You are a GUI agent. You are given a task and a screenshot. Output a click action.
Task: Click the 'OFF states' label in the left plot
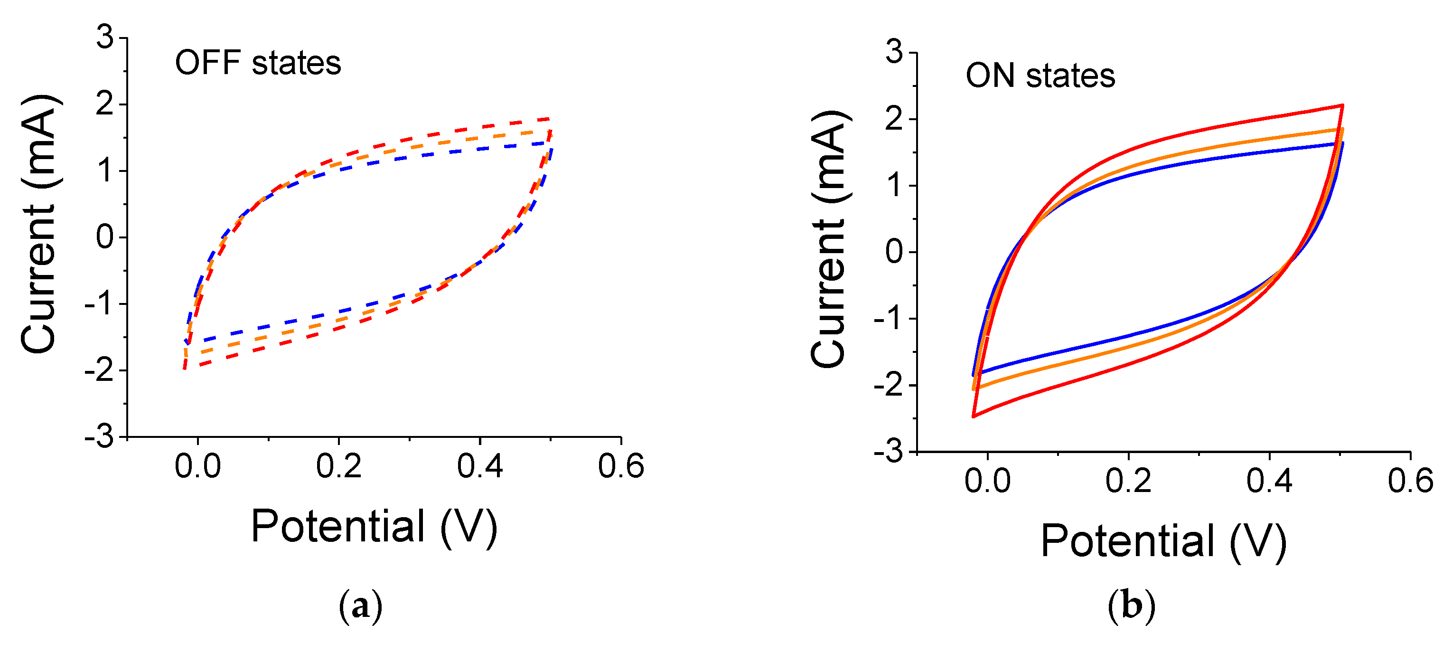click(258, 63)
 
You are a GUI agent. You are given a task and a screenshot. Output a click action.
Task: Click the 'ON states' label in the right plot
click(1040, 76)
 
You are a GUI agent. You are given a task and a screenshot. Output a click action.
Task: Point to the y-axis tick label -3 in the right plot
click(889, 452)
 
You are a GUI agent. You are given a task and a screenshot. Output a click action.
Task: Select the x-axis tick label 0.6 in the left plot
click(620, 466)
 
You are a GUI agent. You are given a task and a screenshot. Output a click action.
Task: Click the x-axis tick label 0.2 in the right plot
click(1128, 481)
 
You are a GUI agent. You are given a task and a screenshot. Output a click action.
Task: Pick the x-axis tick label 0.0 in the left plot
click(197, 466)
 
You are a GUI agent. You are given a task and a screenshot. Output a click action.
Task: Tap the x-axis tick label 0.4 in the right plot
click(1269, 481)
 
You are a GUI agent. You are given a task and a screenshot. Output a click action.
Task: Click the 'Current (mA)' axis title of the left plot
click(39, 225)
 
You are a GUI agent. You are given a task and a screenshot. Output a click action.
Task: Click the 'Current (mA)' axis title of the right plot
click(829, 239)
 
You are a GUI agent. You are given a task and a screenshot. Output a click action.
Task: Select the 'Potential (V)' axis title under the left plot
click(374, 526)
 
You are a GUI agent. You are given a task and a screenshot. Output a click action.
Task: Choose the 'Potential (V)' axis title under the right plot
click(1163, 541)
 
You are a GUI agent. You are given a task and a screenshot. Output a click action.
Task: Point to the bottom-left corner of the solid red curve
click(974, 416)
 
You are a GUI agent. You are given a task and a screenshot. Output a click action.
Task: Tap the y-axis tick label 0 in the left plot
click(105, 237)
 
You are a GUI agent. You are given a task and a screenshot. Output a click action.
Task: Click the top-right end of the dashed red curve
click(550, 119)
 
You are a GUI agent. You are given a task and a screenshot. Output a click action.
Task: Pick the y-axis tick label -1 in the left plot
click(99, 304)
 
